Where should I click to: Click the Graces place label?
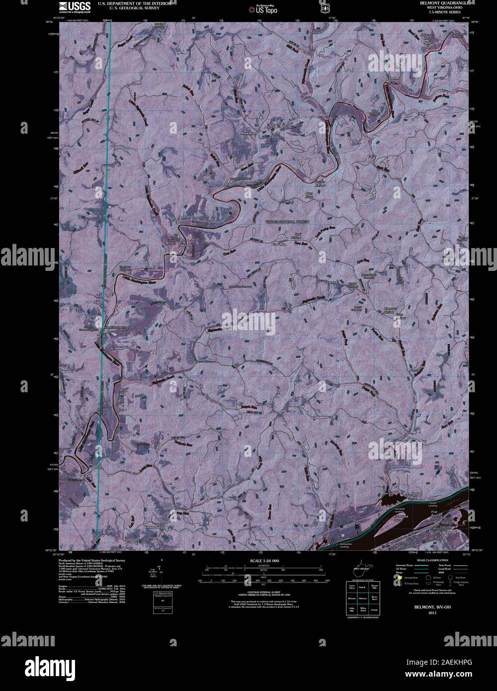point(331,282)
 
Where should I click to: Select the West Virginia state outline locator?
point(359,567)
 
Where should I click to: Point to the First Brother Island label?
point(437,514)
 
